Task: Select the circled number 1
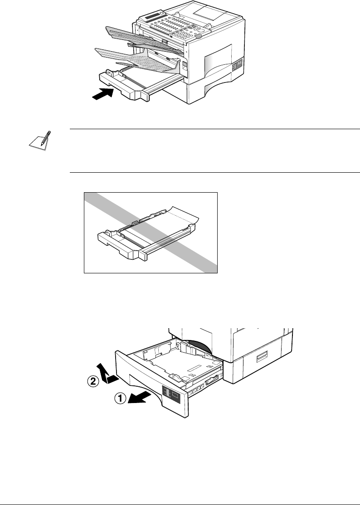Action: click(x=119, y=399)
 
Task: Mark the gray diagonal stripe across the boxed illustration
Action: click(x=150, y=231)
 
